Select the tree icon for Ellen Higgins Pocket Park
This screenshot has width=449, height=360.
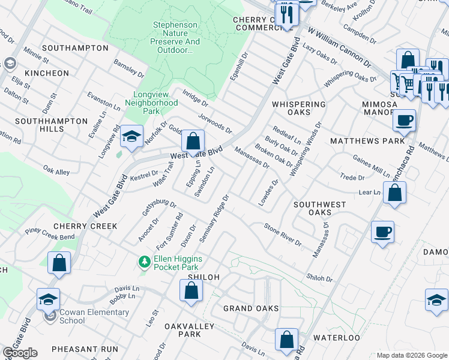(144, 262)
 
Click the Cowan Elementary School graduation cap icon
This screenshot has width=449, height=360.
(48, 299)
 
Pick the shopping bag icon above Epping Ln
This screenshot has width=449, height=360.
(193, 142)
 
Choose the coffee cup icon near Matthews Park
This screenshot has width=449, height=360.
(404, 120)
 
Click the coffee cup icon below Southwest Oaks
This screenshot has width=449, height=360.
(382, 231)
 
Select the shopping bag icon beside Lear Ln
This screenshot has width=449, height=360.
(394, 193)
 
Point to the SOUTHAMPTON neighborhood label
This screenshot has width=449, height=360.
(67, 47)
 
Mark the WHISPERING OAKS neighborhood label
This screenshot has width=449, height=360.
(299, 108)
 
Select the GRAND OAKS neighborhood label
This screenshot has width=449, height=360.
(251, 308)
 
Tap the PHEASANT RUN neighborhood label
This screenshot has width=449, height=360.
(85, 349)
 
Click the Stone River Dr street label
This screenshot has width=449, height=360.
(283, 234)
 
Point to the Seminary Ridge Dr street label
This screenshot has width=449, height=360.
(215, 217)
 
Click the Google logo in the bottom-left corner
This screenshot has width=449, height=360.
(20, 353)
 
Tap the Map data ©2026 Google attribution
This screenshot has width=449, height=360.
(412, 355)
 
